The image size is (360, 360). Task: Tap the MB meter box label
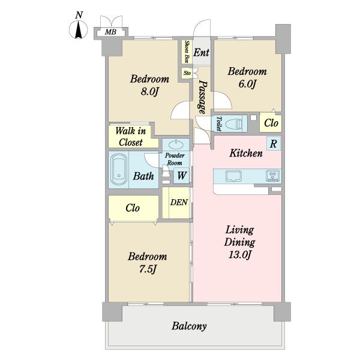tap(110, 32)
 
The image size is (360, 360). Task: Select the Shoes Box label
tap(187, 52)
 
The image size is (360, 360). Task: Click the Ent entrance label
tap(202, 53)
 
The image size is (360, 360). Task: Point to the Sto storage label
tap(187, 73)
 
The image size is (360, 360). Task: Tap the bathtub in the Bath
tap(119, 169)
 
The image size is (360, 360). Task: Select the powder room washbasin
tap(176, 145)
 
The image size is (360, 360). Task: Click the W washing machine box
tap(181, 176)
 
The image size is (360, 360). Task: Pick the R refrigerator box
tap(273, 144)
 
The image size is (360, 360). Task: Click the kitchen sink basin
tap(233, 176)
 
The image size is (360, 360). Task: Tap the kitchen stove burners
tap(273, 176)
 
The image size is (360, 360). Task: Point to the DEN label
tap(179, 202)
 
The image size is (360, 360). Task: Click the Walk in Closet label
tap(131, 137)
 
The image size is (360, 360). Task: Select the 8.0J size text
tap(149, 92)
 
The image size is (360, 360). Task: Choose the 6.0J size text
tap(247, 84)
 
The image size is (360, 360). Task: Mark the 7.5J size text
tap(148, 269)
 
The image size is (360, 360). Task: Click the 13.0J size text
tap(239, 254)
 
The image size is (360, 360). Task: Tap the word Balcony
tap(189, 326)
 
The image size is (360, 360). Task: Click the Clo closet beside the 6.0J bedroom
tap(271, 123)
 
